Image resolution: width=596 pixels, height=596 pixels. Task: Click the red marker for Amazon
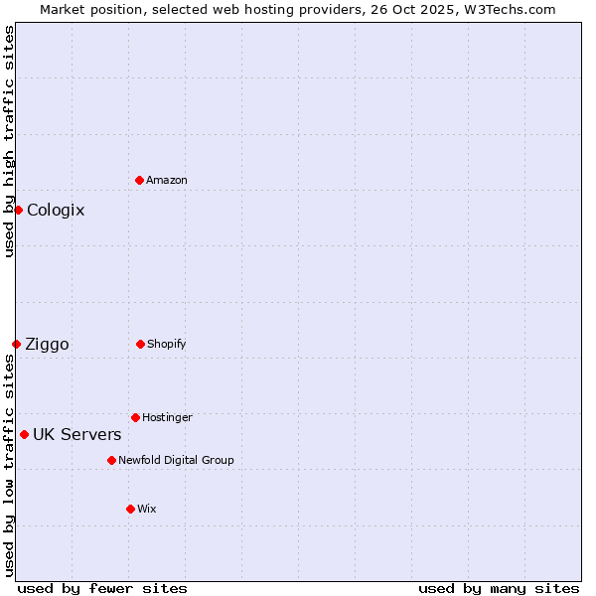coord(139,180)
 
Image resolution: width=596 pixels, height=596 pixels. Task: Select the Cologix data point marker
coord(18,210)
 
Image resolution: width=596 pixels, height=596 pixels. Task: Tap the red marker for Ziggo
coord(16,344)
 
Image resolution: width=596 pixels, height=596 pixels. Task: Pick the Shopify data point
coord(140,344)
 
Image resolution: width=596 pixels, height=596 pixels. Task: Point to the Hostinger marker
coord(135,417)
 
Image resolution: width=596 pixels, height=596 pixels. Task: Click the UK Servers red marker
coord(24,434)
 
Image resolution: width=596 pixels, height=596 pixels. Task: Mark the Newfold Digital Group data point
coord(111,460)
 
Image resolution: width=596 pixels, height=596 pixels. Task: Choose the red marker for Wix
coord(130,509)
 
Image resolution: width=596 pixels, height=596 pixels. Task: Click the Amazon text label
coord(167,180)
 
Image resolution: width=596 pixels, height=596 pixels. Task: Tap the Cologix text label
coord(56,210)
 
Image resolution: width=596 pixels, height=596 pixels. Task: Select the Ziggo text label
coord(47,344)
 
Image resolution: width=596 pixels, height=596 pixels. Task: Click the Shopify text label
coord(167,344)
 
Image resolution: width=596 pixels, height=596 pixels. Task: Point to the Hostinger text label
coord(167,417)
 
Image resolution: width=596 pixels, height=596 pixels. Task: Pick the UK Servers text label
coord(77,434)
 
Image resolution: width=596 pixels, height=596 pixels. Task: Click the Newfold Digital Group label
coord(176,460)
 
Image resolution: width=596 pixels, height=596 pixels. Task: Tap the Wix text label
coord(147,509)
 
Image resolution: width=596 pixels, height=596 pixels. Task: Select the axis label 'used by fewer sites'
coord(102,588)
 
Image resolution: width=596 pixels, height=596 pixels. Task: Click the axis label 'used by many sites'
coord(499,588)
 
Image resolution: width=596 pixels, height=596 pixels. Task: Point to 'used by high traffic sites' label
coord(9,141)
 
